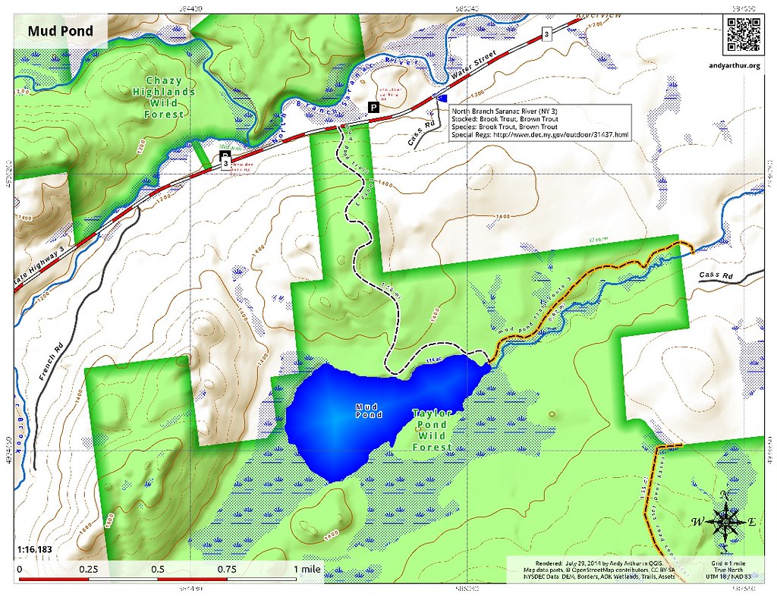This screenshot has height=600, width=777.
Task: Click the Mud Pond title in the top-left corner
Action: point(61,31)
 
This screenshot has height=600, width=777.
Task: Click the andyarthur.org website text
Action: point(743,65)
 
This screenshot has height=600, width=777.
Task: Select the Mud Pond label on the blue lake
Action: point(369,411)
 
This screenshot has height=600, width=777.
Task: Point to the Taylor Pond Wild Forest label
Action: point(433,430)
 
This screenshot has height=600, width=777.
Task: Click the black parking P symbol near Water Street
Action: point(373,108)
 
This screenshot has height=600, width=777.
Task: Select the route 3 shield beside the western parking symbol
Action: point(225,164)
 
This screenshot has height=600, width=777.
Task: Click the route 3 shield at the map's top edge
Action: point(546,33)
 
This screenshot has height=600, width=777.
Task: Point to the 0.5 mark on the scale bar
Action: point(158,568)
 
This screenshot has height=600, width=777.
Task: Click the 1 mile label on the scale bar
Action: point(304,568)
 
